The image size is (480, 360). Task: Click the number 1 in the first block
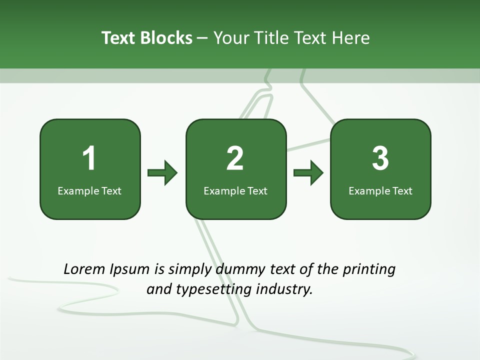[x=89, y=158]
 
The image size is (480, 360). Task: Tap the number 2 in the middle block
[x=235, y=158]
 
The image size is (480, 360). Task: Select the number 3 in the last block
[x=380, y=158]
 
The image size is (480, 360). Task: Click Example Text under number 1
[x=89, y=190]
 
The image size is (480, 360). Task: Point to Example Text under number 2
[x=235, y=190]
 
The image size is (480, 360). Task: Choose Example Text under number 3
[x=380, y=190]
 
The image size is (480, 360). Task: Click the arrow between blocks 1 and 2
[x=162, y=173]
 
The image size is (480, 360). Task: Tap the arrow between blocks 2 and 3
[x=308, y=173]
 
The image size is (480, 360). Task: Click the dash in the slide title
[x=202, y=38]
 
